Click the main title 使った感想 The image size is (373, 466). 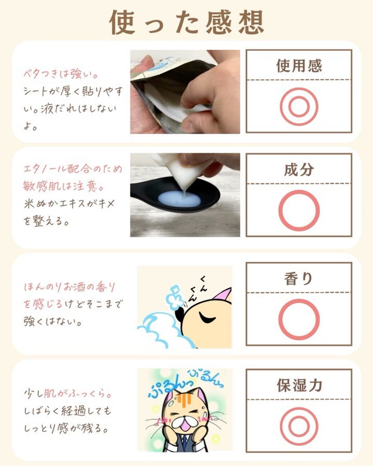coord(187,22)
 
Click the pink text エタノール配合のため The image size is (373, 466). coord(73,169)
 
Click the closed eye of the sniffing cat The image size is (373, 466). coord(207,318)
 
